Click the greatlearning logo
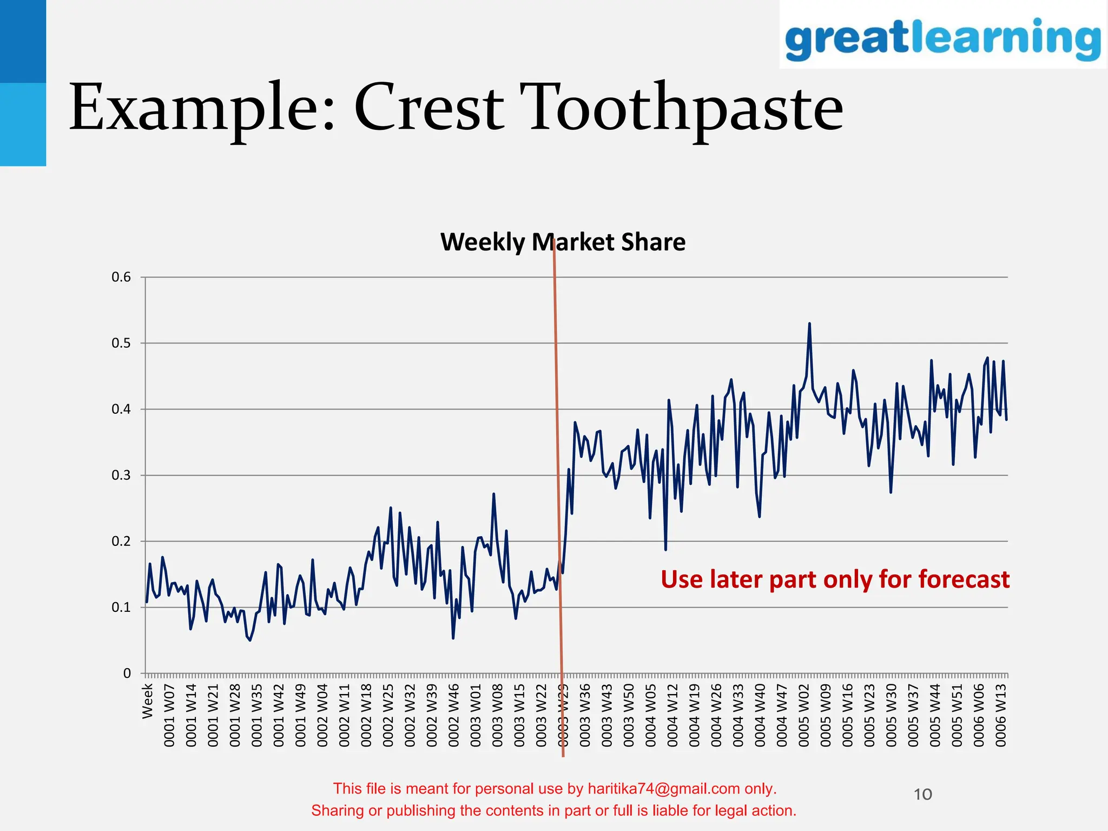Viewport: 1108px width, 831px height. [942, 38]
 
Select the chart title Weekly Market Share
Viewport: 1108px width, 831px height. [563, 242]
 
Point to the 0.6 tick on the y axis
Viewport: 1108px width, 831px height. [121, 278]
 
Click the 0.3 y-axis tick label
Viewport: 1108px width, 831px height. [121, 476]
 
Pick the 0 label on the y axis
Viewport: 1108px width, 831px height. [127, 674]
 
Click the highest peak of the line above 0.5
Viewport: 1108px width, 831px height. [809, 324]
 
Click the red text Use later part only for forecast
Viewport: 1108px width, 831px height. [835, 579]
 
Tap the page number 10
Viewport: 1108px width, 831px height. [923, 794]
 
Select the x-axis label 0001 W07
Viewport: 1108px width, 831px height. [169, 715]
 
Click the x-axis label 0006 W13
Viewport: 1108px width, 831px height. [1001, 715]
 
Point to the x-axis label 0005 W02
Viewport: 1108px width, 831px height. [804, 715]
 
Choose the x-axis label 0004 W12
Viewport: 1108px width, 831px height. [672, 715]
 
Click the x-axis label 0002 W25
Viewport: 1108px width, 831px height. [388, 715]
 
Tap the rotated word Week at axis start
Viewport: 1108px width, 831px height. [147, 701]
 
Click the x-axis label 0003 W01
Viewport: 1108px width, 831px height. [476, 715]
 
